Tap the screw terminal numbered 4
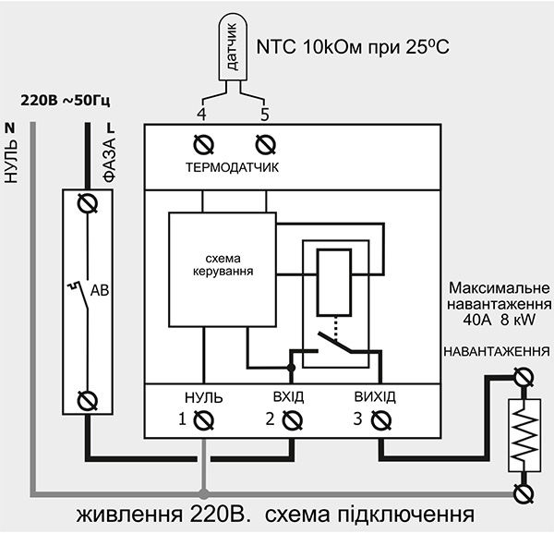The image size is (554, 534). [202, 144]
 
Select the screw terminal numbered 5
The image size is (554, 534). [265, 144]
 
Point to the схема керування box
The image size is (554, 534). [222, 268]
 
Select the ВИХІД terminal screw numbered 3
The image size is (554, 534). [379, 420]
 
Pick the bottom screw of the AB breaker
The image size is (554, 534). [90, 399]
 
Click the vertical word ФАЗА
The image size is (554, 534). [109, 159]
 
